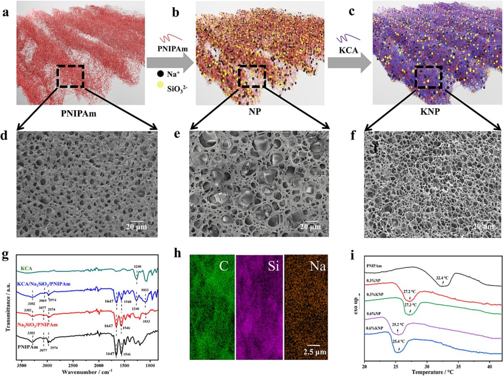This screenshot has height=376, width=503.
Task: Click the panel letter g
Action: [x=6, y=256]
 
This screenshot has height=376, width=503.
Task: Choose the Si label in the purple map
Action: [x=272, y=266]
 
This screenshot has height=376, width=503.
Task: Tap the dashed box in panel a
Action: [x=70, y=76]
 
